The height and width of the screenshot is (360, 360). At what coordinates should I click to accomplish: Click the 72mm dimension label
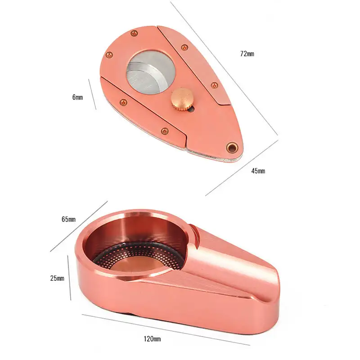247,54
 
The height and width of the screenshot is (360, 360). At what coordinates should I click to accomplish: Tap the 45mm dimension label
258,171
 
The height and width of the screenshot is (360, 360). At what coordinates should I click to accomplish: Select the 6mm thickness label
77,97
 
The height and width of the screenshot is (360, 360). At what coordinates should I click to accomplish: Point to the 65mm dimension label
68,219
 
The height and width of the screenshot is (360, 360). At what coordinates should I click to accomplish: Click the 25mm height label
57,278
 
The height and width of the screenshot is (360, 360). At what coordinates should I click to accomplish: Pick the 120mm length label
152,339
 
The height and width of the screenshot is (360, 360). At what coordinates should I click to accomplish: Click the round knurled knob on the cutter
181,99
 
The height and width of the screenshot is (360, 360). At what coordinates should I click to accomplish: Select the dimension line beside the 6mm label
92,94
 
